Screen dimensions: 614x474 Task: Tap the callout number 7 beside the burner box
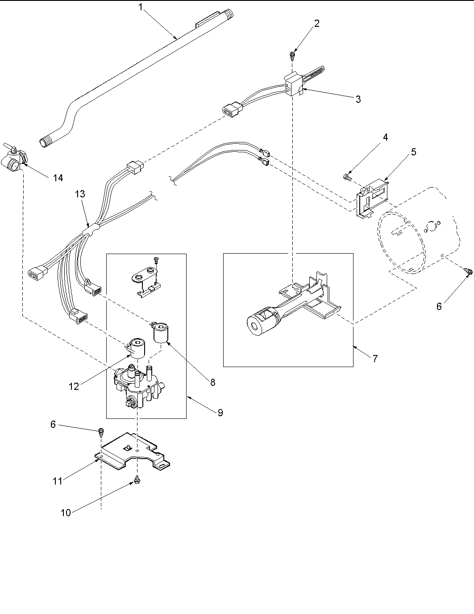(375, 358)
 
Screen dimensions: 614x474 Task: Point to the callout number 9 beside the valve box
(220, 413)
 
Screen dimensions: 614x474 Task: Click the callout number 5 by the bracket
(414, 152)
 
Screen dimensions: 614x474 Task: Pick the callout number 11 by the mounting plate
(58, 481)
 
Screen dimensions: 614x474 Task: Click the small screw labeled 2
(292, 56)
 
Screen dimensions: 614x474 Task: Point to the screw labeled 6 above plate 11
(101, 431)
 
